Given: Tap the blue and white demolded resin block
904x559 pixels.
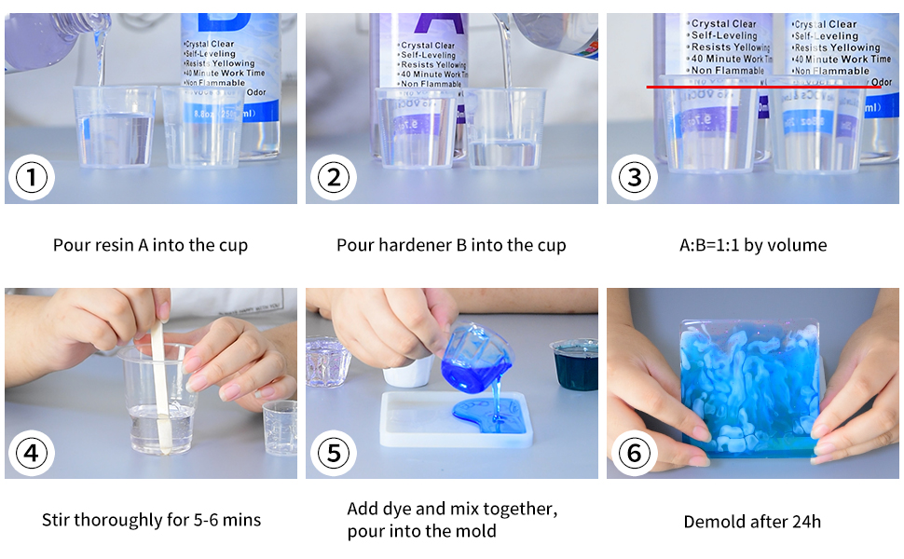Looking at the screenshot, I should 751,382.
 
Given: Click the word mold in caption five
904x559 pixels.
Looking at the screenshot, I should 477,532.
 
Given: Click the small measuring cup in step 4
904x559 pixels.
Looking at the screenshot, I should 281,428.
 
